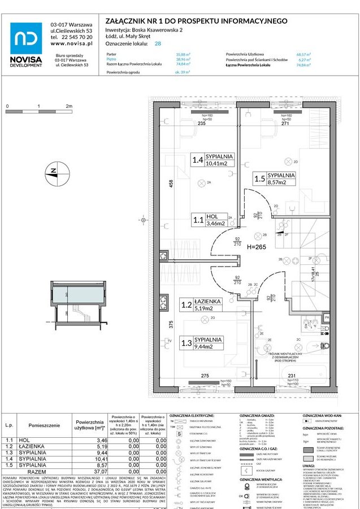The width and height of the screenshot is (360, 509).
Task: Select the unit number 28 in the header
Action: click(x=158, y=43)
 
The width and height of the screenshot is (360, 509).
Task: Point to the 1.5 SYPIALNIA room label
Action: click(x=274, y=179)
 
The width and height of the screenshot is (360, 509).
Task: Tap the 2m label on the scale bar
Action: click(x=68, y=106)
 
